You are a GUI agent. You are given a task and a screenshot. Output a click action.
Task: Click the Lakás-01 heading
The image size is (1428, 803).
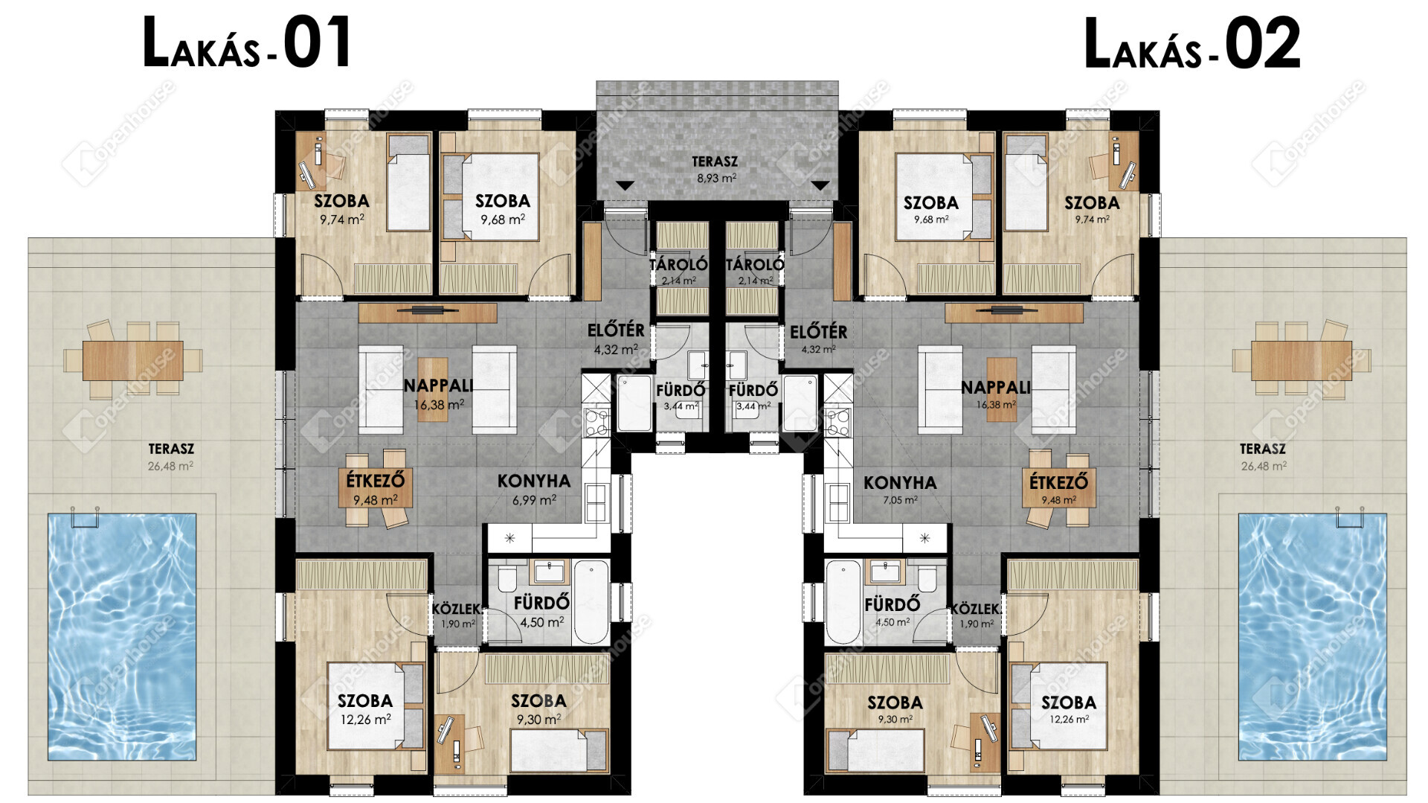(247, 43)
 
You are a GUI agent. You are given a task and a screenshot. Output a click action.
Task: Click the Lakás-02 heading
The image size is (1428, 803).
(1192, 43)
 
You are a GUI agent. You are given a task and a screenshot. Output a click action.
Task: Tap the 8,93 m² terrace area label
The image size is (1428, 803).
(716, 179)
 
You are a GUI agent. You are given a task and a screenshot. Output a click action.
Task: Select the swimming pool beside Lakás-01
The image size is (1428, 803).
(122, 636)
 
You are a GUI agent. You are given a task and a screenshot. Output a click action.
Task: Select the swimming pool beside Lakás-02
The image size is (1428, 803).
(1312, 636)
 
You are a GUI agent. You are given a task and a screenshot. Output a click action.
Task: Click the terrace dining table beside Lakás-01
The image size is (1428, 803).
(133, 361)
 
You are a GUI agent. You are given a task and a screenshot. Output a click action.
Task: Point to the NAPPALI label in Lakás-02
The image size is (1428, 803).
(996, 387)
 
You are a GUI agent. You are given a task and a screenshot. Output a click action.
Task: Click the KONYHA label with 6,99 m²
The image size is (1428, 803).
(534, 482)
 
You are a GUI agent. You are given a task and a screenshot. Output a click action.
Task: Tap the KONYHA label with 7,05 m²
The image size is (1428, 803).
(900, 483)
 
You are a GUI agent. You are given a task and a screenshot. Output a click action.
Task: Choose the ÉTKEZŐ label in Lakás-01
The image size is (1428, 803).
(375, 481)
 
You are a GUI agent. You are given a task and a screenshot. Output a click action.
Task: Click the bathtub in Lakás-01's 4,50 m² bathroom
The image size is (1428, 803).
(591, 602)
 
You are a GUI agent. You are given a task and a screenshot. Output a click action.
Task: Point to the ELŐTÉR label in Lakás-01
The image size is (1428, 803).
(616, 330)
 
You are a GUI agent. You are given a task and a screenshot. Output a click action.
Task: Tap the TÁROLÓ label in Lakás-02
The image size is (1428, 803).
(754, 264)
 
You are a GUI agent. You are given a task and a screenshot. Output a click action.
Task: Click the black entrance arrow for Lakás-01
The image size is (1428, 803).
(625, 185)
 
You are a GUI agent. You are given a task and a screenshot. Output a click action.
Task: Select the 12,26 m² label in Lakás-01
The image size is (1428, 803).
(365, 720)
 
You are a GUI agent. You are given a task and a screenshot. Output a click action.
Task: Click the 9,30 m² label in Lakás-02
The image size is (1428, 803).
(895, 720)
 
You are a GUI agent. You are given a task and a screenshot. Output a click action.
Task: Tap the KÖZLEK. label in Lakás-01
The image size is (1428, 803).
(456, 610)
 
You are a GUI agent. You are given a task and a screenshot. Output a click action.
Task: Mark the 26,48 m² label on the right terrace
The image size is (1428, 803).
(1263, 467)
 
